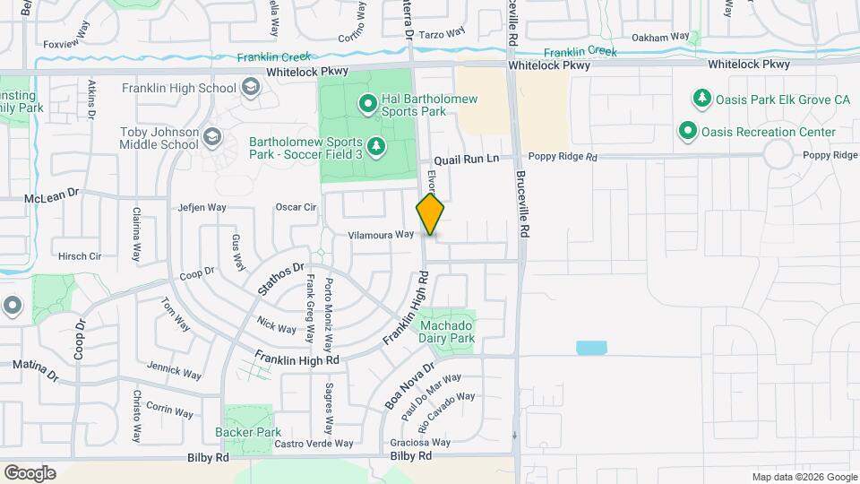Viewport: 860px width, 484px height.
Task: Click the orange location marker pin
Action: (431, 215)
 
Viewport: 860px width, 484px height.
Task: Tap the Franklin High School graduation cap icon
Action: (251, 88)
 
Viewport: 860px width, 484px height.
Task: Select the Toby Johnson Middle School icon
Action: (212, 137)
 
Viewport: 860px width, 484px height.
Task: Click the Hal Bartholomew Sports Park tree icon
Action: (367, 105)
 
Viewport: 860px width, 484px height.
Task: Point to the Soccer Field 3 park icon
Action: (378, 146)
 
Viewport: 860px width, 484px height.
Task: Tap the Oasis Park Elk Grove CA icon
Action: (702, 99)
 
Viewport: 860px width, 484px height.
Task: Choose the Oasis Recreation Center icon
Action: (687, 132)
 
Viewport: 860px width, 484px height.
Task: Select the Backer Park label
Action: (248, 432)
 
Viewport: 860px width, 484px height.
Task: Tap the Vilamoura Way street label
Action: (381, 234)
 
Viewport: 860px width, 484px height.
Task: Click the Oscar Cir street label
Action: (297, 207)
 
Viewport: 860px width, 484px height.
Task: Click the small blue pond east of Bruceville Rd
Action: (590, 348)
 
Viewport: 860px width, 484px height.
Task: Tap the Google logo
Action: (30, 472)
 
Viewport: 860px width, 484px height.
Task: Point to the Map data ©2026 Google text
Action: (804, 477)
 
